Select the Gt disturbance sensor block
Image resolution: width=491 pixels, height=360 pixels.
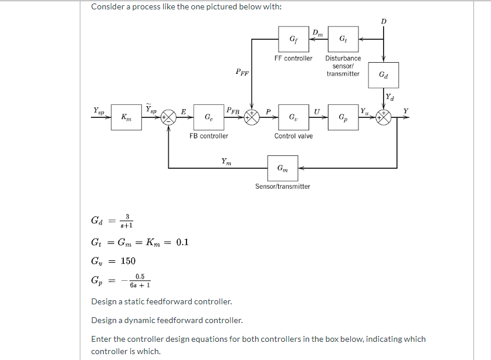coord(343,40)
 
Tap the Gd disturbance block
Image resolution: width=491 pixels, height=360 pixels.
coord(384,75)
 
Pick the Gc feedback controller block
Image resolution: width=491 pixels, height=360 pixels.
coord(209,117)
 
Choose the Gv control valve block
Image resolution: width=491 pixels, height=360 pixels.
coord(293,117)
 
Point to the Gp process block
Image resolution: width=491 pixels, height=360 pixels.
coord(343,117)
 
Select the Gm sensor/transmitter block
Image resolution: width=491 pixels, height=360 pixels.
coord(283,168)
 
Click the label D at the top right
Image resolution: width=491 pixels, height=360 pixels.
coord(384,21)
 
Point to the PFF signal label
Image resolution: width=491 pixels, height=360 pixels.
coord(242,73)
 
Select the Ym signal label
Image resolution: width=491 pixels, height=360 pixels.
coord(226,161)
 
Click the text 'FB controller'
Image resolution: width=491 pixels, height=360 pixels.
coord(209,136)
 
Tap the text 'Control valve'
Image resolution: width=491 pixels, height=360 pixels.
coord(293,136)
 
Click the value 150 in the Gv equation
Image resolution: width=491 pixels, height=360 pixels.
coord(128,261)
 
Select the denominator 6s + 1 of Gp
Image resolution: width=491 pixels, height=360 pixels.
coord(140,286)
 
